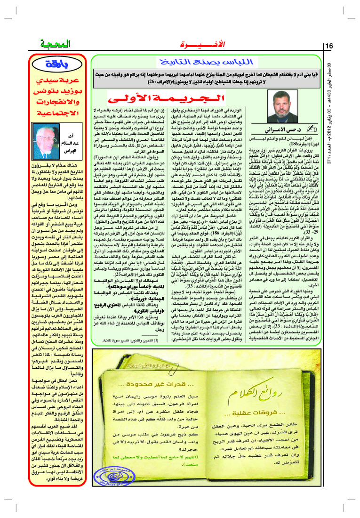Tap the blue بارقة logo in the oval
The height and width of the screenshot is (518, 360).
pos(57,65)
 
